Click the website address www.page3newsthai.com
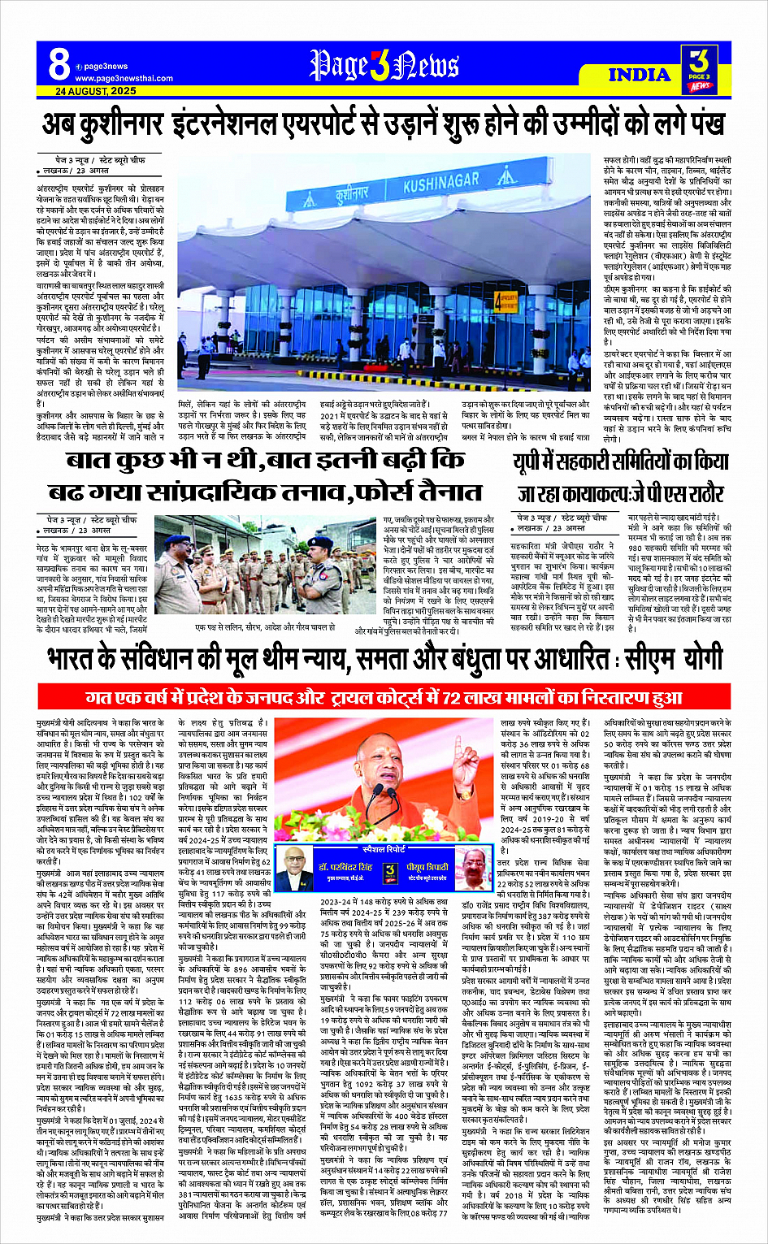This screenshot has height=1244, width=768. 124,78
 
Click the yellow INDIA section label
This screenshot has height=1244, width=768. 640,74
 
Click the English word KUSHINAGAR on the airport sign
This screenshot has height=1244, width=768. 440,181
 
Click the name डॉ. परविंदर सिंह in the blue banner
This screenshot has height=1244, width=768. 345,867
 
